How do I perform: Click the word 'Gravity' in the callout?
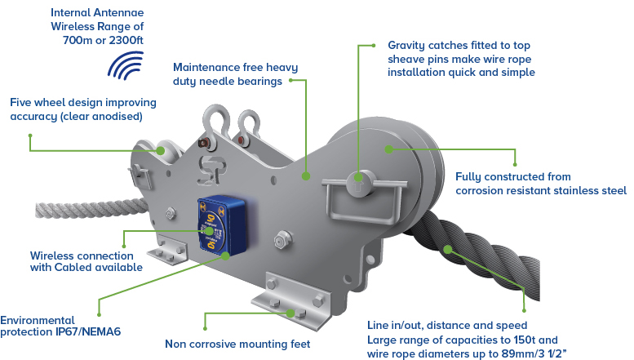tap(407, 45)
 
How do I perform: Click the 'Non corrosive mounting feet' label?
tap(237, 344)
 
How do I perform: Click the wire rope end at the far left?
tap(41, 210)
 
